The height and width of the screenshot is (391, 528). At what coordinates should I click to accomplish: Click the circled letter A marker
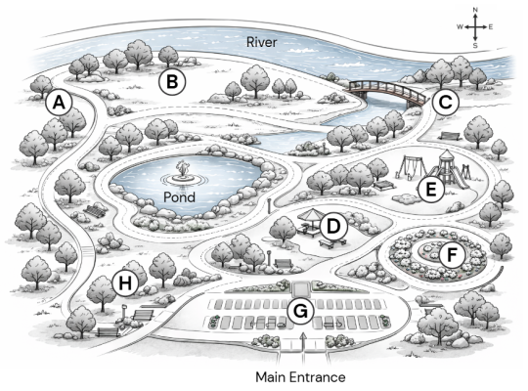pos(60,103)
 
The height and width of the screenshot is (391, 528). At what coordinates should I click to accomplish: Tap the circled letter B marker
pos(172,82)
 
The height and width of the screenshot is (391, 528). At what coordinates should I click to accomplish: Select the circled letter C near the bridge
pos(446,102)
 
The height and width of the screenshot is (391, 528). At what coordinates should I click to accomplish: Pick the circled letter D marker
pos(333,226)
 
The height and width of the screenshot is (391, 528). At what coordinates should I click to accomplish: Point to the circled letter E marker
pos(431,190)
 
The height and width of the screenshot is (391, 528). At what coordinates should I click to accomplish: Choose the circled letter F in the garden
pos(452,255)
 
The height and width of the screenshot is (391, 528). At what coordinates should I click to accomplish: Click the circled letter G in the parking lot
pos(301,311)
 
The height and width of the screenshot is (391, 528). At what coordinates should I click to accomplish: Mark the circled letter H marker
pos(125,283)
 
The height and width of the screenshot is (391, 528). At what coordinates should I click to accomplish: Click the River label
pos(262,42)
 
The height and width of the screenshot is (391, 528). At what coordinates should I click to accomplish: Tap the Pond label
pos(179,197)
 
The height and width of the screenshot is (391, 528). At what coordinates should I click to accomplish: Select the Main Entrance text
pos(300,377)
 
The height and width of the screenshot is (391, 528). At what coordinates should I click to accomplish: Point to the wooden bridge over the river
pos(387,92)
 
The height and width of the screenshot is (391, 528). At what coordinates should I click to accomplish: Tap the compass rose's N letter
pos(475,10)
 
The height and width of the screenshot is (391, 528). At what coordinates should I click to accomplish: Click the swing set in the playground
pos(410,167)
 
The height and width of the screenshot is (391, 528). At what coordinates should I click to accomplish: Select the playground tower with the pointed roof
pos(448,168)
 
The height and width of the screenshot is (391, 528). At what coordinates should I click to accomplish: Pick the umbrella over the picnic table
pos(313,214)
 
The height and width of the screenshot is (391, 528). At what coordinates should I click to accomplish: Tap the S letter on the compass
pos(475,46)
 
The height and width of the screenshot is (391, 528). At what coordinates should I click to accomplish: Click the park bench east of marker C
pos(450,136)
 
